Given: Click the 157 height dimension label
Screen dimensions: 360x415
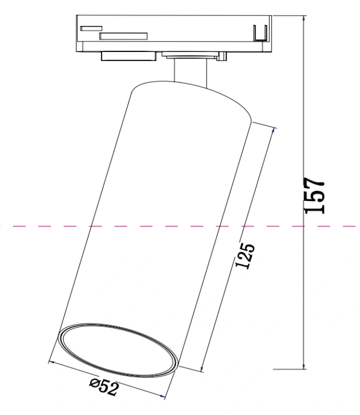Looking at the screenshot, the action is (315, 195).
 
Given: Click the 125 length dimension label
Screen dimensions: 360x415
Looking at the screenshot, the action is (245, 256).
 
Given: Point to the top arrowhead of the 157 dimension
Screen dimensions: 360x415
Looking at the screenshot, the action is (304, 18).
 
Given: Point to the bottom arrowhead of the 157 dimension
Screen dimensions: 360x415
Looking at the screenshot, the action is (304, 366).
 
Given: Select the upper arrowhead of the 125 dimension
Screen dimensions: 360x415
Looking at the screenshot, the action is (274, 130).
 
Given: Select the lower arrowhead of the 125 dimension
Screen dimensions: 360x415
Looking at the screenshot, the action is (202, 369).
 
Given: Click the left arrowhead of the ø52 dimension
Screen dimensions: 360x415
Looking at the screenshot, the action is (52, 362).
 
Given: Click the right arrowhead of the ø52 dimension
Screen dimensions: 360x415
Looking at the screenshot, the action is (162, 396).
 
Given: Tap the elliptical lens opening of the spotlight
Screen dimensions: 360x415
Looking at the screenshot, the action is (118, 350).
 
